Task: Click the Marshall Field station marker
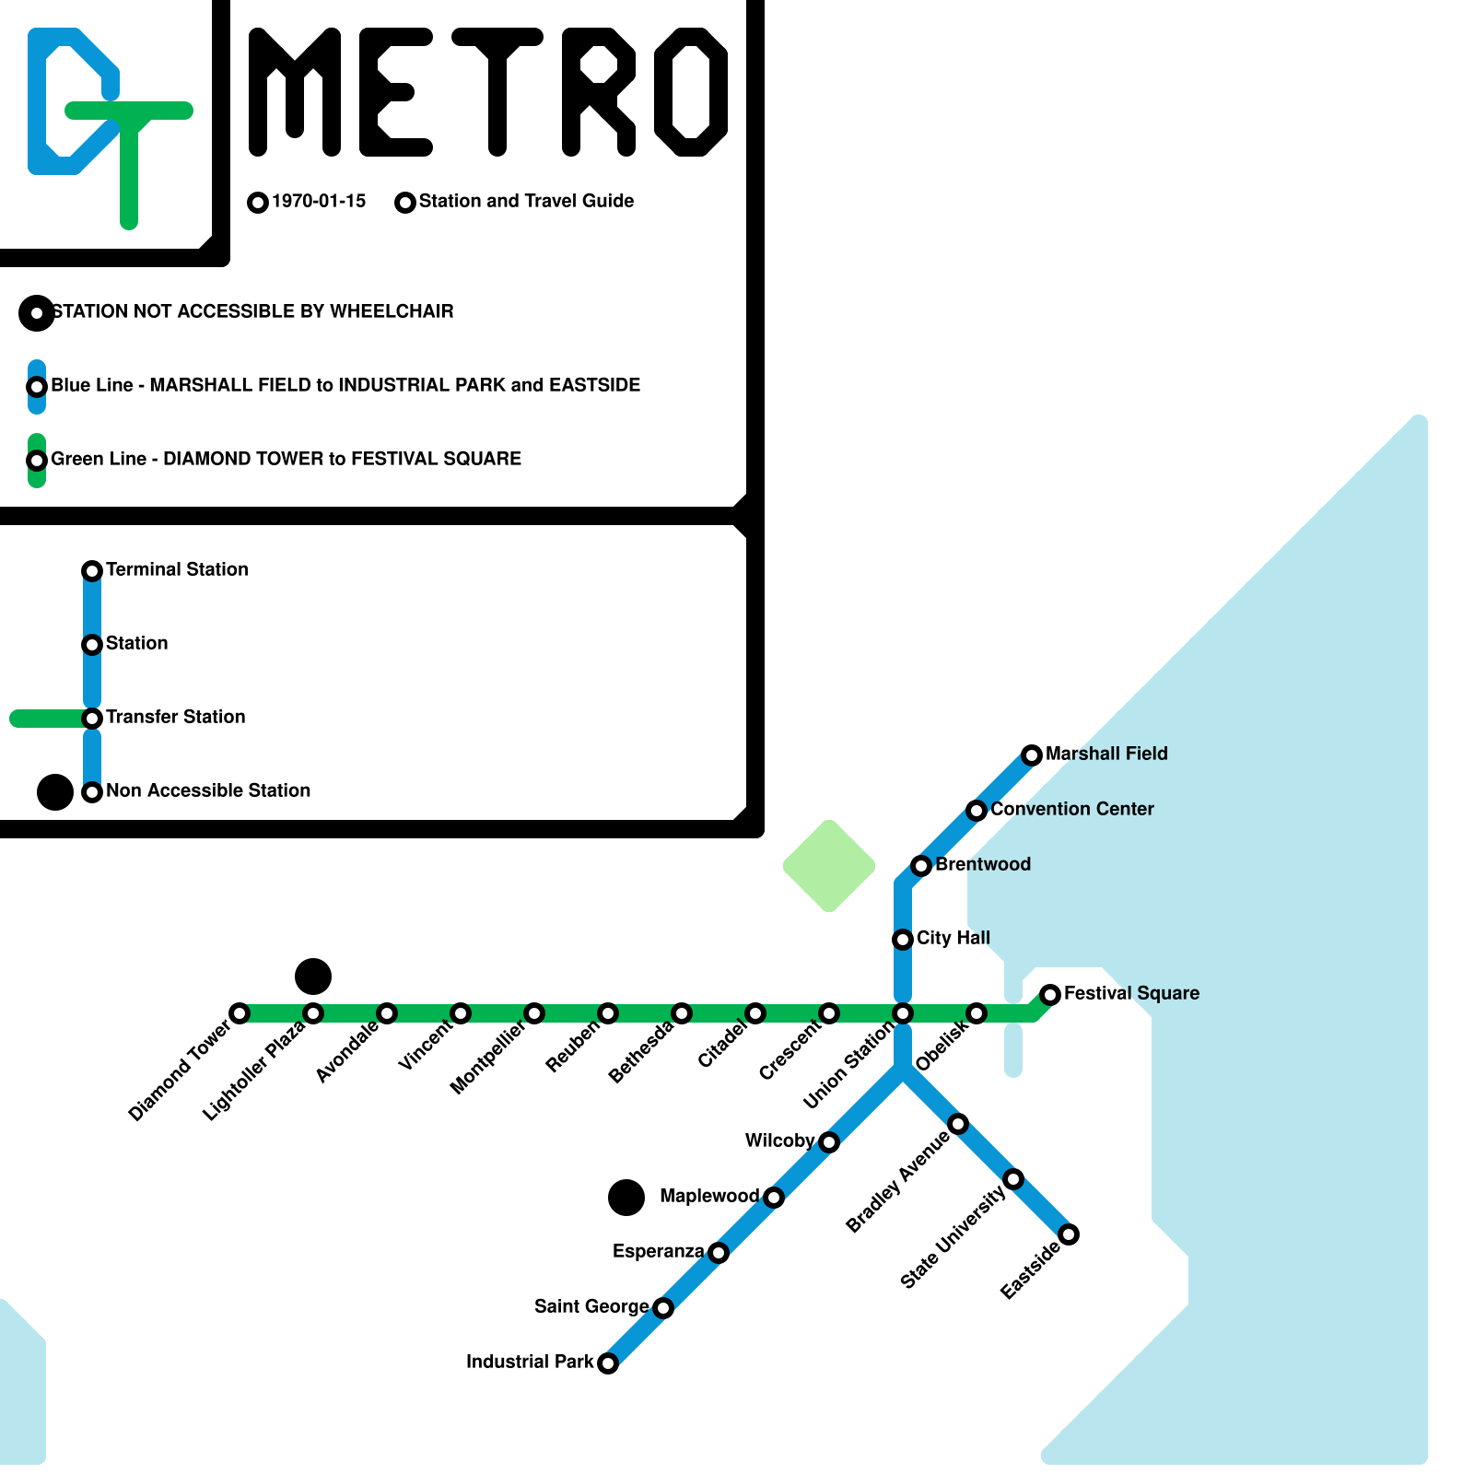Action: (1032, 755)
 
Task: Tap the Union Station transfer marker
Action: (903, 1013)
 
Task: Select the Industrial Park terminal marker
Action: (608, 1363)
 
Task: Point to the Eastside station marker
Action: (1069, 1234)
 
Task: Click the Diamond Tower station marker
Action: (240, 1013)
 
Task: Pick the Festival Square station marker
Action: (1050, 995)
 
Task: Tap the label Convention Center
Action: (1071, 809)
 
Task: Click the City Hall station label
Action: (953, 938)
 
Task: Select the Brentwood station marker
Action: (921, 866)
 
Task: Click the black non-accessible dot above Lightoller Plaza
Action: (313, 977)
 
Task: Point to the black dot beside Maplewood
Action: (626, 1198)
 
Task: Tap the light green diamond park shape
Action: (829, 866)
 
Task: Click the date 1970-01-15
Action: (319, 201)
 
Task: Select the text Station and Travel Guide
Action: (526, 201)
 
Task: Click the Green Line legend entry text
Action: (286, 459)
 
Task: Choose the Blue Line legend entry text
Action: (345, 385)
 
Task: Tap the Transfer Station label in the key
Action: (175, 717)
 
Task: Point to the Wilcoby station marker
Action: (829, 1142)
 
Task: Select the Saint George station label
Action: (591, 1306)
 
